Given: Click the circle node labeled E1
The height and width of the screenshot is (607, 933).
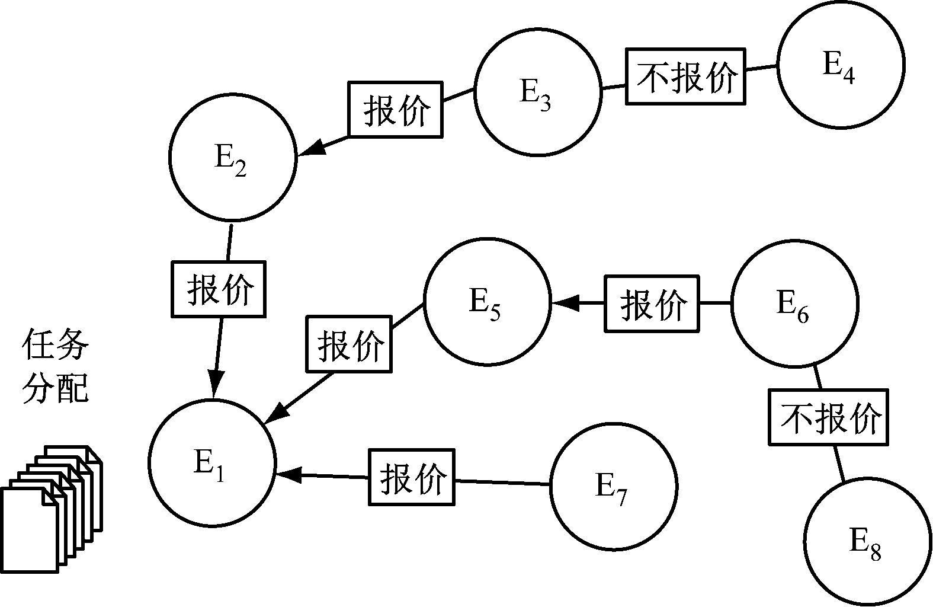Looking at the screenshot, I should click(x=211, y=463).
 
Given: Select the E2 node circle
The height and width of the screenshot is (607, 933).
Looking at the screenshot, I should click(x=232, y=156).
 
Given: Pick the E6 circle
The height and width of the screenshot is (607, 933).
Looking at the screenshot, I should click(x=794, y=303).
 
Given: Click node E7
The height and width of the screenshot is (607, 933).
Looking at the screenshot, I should click(x=613, y=485).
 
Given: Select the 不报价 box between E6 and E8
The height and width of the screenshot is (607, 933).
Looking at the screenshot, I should click(x=829, y=417).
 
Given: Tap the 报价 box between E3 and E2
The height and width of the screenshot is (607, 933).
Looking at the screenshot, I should click(x=395, y=110).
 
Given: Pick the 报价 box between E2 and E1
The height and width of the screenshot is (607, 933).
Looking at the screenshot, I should click(x=219, y=289).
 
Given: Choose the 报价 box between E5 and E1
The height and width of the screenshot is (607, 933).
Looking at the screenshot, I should click(x=349, y=344).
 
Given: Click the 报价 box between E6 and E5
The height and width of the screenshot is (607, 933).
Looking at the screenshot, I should click(x=652, y=303).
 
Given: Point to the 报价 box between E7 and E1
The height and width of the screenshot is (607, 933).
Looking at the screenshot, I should click(x=412, y=477).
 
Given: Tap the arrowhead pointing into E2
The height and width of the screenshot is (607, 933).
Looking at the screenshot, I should click(x=313, y=149).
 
